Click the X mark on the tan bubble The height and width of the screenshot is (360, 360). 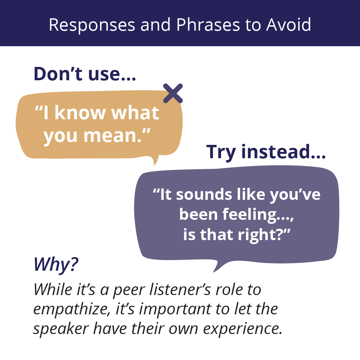coord(173,94)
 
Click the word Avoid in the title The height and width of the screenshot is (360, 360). coord(289,25)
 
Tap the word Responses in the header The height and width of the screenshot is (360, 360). coord(92,25)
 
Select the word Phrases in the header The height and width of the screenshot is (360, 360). coord(208,25)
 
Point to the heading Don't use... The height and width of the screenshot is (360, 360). coord(85,74)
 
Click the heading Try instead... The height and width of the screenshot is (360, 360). coord(266,152)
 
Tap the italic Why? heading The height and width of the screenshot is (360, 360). coord(56,264)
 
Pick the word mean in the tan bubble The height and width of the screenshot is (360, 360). coord(112,136)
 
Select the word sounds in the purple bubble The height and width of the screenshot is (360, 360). coord(204,195)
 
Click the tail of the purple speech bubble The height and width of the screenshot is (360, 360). coord(218,267)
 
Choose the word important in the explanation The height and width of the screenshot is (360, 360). coord(175,310)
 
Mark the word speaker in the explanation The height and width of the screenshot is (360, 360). coord(61,329)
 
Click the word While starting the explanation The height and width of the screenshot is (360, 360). coord(53,289)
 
